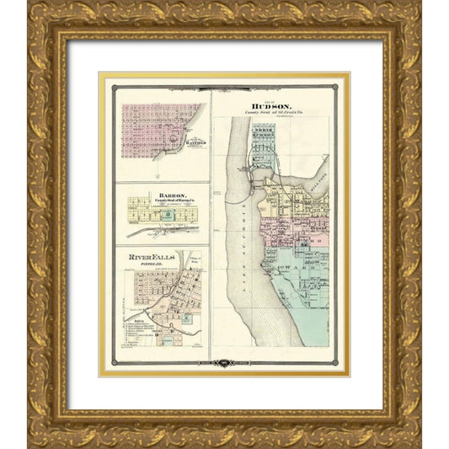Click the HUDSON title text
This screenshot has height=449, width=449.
pyautogui.click(x=270, y=107)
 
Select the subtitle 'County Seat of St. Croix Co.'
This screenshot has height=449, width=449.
pyautogui.click(x=270, y=114)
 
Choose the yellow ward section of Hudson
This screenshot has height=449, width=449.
pyautogui.click(x=286, y=202)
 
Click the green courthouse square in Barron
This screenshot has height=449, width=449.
pyautogui.click(x=168, y=215)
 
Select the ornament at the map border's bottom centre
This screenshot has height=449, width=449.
pyautogui.click(x=224, y=364)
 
